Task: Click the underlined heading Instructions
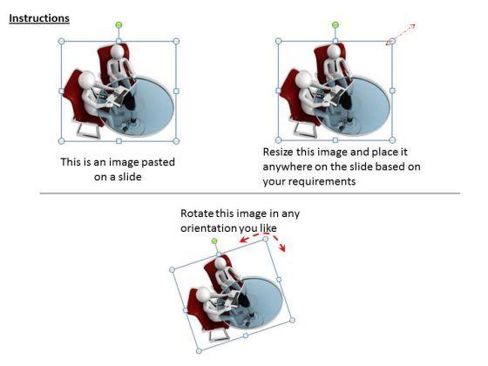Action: point(39,18)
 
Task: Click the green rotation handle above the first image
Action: point(119,25)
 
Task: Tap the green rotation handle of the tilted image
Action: point(214,241)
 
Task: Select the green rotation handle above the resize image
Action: point(335,25)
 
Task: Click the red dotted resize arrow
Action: point(401,35)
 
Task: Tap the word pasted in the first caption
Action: point(158,162)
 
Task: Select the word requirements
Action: point(322,181)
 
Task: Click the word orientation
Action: point(208,228)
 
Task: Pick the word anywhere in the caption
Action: point(288,166)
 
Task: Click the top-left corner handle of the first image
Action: point(61,41)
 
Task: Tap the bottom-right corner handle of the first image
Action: point(176,141)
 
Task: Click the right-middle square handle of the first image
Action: point(176,91)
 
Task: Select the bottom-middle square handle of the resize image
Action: point(335,140)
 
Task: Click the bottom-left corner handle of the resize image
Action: point(279,140)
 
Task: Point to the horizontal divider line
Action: point(250,193)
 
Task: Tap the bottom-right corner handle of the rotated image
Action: point(292,320)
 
